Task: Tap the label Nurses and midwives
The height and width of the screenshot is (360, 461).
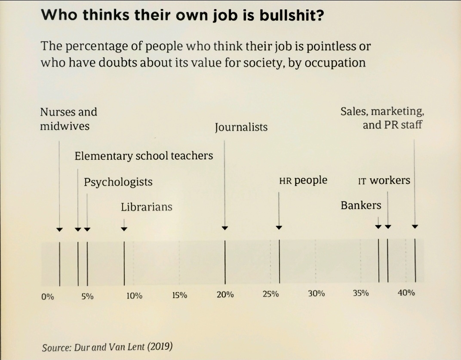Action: point(68,119)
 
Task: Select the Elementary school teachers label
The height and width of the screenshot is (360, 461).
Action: point(144,156)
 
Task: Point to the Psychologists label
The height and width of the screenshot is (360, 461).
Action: point(118,182)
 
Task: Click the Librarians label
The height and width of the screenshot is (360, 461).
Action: point(146,207)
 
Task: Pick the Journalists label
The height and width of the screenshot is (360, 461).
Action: point(241,127)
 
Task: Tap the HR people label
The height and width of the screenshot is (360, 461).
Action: point(303,180)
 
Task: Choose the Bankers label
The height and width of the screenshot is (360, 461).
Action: point(361,205)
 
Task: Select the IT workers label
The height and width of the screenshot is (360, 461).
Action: point(384,180)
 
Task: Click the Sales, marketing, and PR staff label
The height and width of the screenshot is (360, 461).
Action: point(382,118)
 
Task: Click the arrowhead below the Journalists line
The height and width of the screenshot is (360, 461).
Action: point(225,228)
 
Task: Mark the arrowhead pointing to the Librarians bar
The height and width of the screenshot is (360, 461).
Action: point(124,229)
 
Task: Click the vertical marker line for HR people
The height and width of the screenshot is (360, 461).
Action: point(280,262)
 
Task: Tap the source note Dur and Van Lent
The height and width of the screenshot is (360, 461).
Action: point(107,347)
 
